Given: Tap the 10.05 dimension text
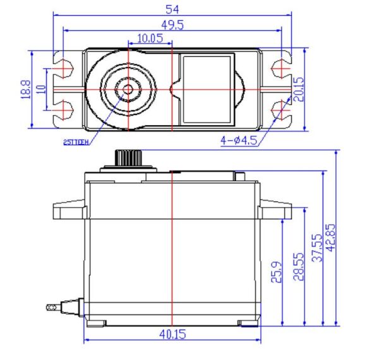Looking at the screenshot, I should (150, 39).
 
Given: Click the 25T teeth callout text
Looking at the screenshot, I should (77, 141).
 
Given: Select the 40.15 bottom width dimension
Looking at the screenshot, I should (172, 333).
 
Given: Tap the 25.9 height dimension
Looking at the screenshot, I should (276, 273).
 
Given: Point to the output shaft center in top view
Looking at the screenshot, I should (128, 88).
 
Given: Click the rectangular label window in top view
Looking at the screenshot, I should (207, 88).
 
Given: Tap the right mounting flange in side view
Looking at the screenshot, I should (275, 209).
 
